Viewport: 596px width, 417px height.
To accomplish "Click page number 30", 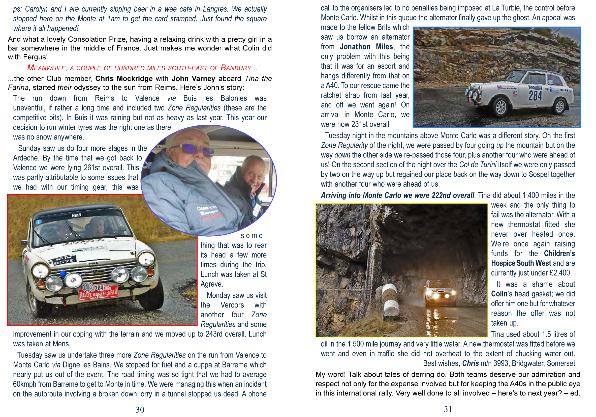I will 140,410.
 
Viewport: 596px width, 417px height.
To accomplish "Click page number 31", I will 448,409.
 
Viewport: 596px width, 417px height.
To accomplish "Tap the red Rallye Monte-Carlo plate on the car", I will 99,292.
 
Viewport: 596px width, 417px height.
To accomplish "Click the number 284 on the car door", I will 535,96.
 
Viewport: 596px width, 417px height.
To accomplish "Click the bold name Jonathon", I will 355,47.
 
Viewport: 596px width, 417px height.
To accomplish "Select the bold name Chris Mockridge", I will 124,78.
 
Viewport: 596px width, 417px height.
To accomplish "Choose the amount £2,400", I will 560,273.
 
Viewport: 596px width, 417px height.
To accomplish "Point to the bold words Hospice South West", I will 521,263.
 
